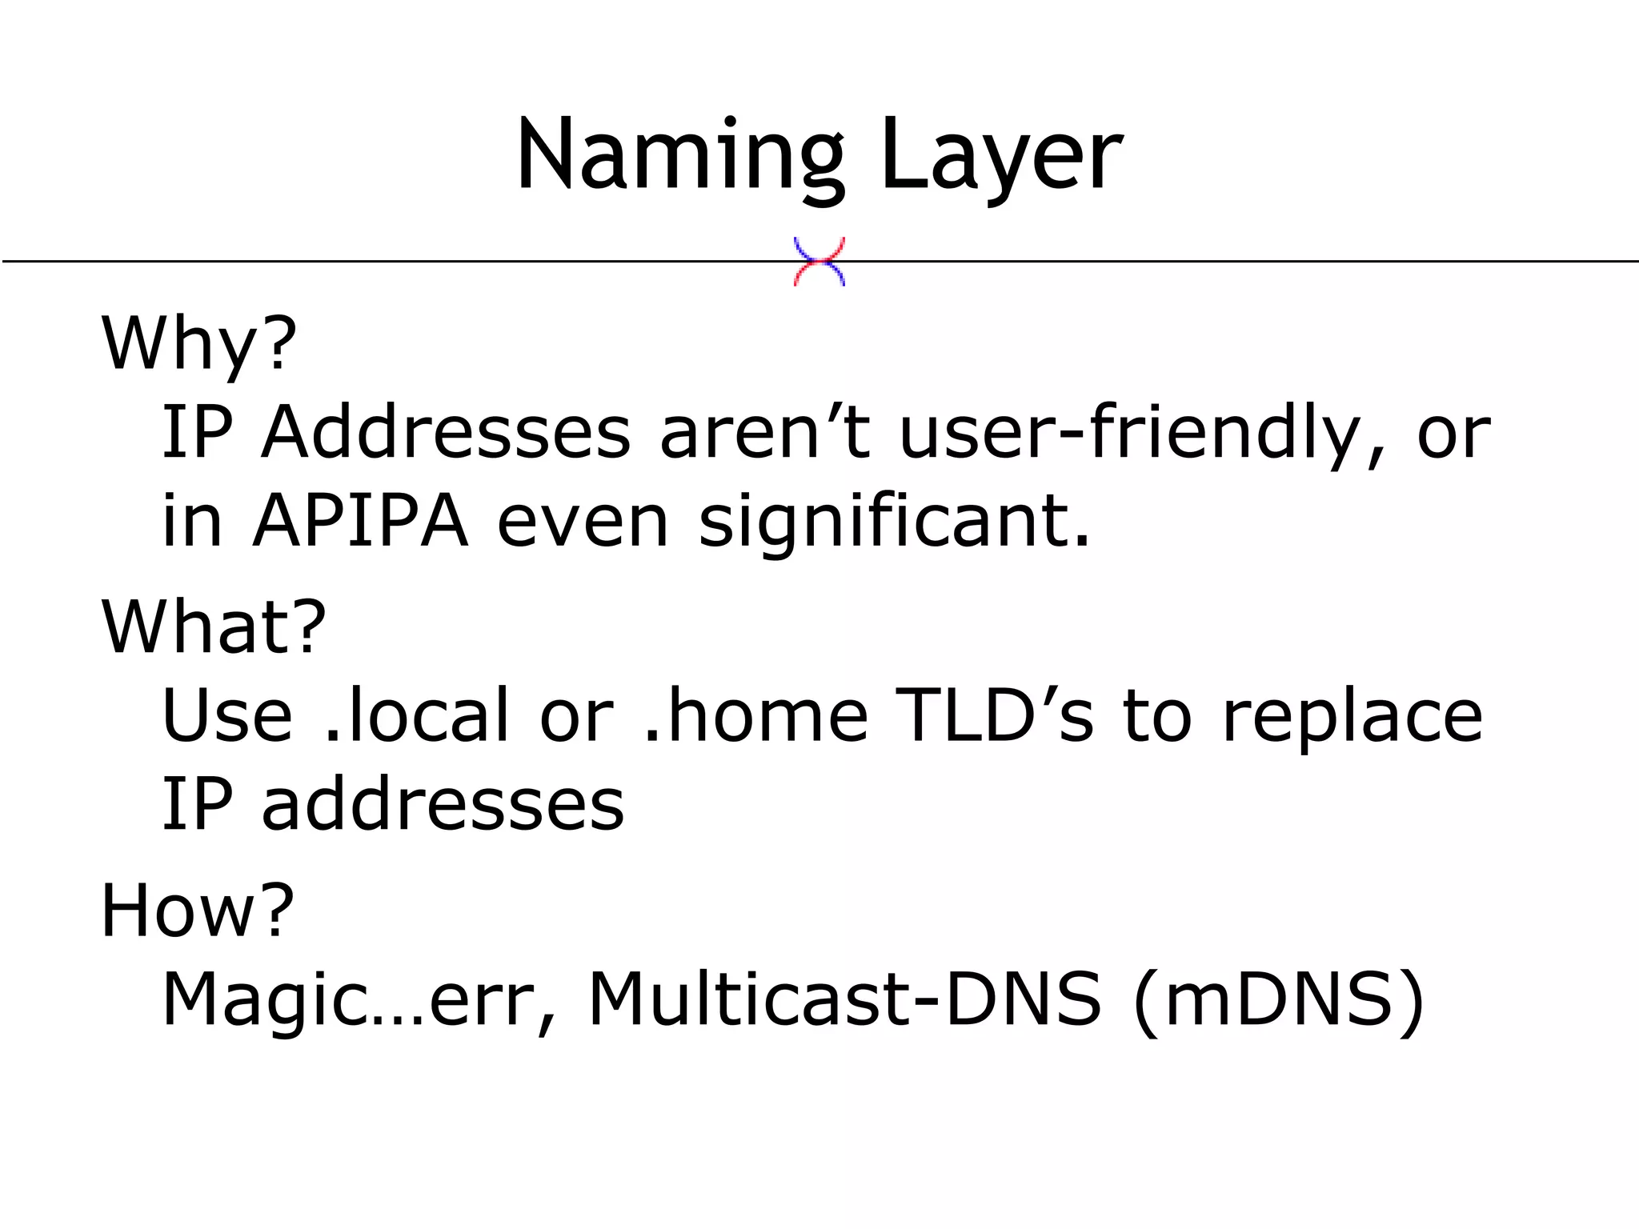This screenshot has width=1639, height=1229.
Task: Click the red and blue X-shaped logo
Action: [819, 262]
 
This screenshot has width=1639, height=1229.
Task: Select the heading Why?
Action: [198, 344]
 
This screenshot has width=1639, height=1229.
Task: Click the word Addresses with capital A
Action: [446, 433]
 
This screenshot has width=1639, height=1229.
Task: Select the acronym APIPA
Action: [360, 522]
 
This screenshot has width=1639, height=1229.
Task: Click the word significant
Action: [894, 522]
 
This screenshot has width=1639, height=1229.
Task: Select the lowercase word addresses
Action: [443, 804]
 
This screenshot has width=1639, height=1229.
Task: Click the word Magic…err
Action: [348, 1000]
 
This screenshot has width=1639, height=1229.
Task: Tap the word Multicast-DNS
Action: [844, 1000]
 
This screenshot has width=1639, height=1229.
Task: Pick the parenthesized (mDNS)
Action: [1279, 1000]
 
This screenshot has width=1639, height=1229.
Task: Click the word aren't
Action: [764, 433]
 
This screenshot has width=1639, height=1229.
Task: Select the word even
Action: [582, 522]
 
